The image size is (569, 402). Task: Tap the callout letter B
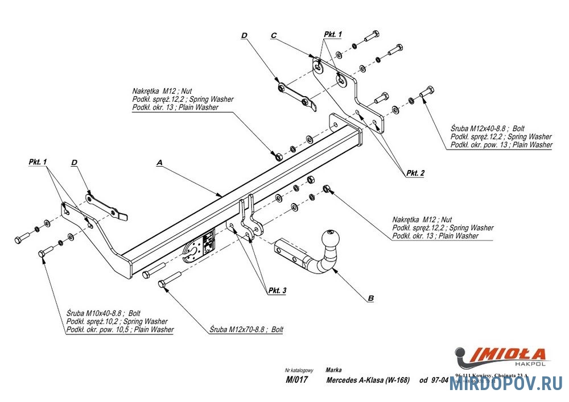tap(371, 297)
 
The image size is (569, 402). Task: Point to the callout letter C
tap(274, 35)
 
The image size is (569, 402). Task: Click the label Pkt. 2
tap(415, 172)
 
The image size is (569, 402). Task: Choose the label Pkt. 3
tap(277, 291)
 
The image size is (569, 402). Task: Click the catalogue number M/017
tap(296, 380)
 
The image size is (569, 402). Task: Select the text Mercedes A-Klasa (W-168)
tap(368, 380)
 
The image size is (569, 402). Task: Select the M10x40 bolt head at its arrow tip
tap(42, 254)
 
